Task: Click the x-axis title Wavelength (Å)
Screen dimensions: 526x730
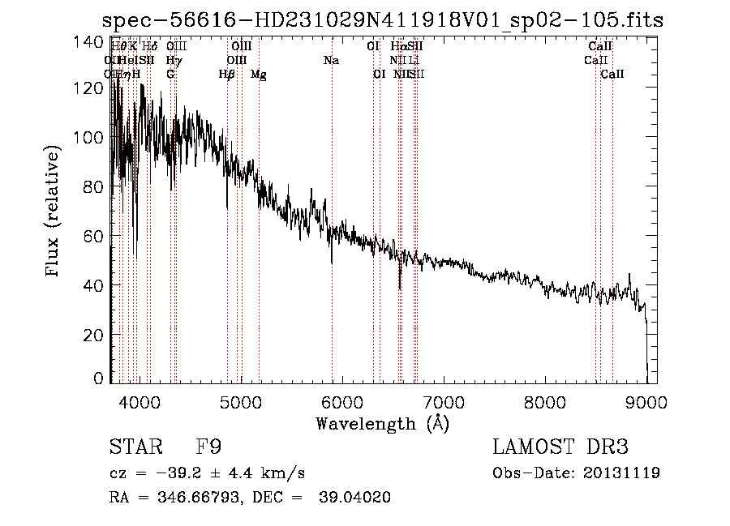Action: [382, 423]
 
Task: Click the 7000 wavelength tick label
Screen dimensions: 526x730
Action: [444, 401]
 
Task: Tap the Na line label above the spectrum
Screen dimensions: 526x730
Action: [331, 61]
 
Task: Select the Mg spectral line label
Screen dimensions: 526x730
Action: [259, 75]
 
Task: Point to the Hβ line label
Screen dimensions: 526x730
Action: [227, 75]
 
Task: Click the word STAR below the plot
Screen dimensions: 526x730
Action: [135, 447]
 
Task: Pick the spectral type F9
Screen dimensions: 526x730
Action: [209, 447]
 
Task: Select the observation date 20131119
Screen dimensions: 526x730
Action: [622, 473]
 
